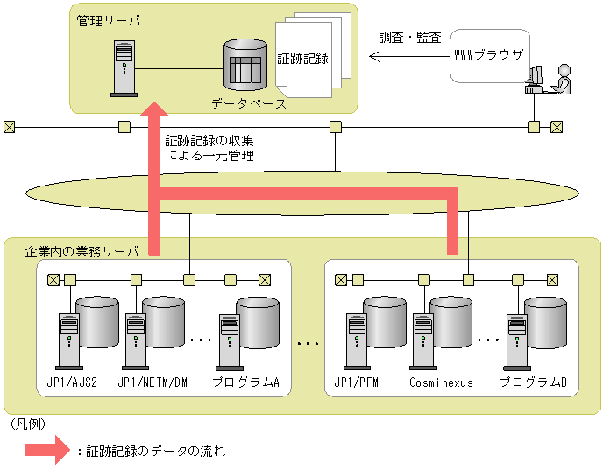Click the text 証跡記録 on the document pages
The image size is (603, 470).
coord(302,60)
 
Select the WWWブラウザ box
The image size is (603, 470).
coord(489,54)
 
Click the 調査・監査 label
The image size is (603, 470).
coord(409,39)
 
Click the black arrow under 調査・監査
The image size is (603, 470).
coord(404,58)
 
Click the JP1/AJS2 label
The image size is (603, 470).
coord(71,382)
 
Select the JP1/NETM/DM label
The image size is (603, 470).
coord(153,382)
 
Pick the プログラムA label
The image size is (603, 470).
coord(245,382)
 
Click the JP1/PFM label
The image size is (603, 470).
coord(357,382)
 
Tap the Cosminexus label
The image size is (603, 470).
coord(441,382)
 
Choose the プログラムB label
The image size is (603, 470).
coord(533,382)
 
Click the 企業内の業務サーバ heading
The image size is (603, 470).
coord(82,252)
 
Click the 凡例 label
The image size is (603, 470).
coord(27,424)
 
